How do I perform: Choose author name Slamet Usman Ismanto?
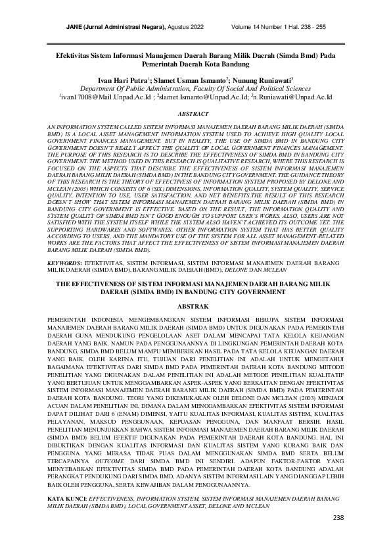(x=193, y=79)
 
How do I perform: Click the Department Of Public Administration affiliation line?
(x=195, y=88)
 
